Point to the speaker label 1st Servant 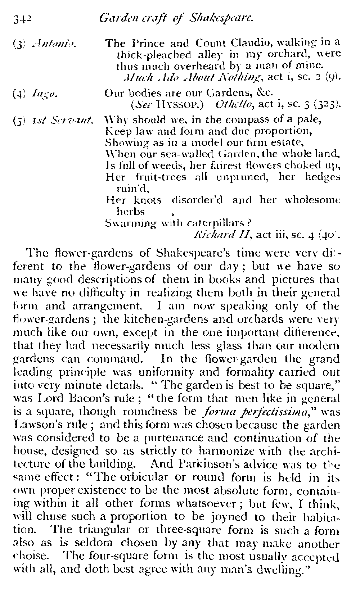(64, 119)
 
